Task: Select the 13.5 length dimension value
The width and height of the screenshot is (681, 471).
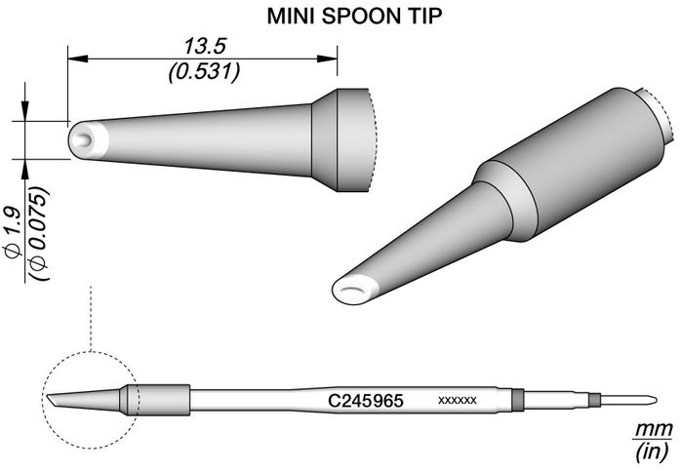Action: click(x=206, y=47)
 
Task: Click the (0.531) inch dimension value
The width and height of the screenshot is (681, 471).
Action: click(x=204, y=72)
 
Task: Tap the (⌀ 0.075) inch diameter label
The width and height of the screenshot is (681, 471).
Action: click(x=38, y=233)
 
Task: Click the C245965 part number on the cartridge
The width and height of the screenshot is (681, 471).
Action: click(x=365, y=401)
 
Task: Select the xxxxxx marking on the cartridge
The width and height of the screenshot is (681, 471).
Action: click(x=458, y=400)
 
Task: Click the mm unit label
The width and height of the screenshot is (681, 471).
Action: click(x=654, y=430)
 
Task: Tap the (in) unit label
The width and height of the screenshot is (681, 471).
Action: click(x=653, y=452)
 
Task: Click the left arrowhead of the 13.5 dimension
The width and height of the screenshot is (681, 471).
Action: click(x=78, y=59)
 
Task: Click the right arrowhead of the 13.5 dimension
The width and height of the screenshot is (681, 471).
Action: click(x=327, y=59)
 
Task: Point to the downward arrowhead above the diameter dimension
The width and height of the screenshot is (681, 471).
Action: click(x=24, y=111)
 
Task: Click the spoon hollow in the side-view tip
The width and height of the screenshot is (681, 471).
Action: click(x=83, y=140)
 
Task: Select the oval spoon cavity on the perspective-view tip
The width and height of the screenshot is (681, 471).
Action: click(x=352, y=291)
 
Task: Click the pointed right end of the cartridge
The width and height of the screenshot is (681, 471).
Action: click(x=655, y=400)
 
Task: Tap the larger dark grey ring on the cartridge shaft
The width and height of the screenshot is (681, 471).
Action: click(x=518, y=400)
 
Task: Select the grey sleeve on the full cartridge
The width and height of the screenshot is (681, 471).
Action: click(x=155, y=400)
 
